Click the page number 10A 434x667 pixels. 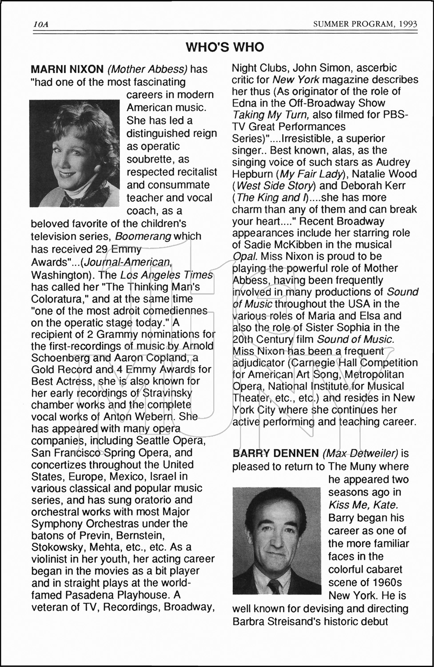(x=40, y=24)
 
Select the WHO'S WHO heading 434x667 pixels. (x=225, y=47)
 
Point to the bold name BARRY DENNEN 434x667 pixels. (x=275, y=454)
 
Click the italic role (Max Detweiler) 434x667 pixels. (x=360, y=454)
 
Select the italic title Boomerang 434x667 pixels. (x=143, y=236)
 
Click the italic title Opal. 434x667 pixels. (x=245, y=257)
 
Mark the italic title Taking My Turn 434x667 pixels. (x=271, y=115)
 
